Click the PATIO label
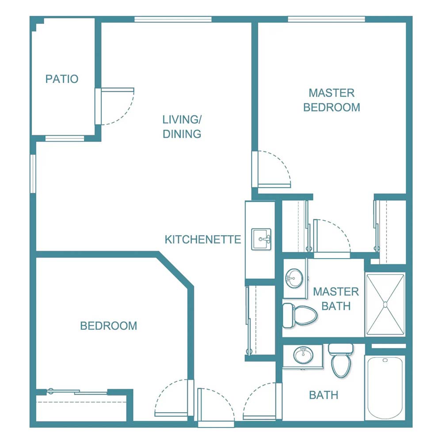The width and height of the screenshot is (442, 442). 62,79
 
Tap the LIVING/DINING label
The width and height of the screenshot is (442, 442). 182,126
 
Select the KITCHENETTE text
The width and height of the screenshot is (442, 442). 203,240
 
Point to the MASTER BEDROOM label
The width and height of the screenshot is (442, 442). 331,100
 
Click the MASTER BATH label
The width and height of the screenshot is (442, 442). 336,298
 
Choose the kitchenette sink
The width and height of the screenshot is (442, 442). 261,239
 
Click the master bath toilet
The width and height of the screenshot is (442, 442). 301,315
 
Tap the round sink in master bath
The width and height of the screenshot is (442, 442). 294,278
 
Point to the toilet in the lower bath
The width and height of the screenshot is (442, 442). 341,360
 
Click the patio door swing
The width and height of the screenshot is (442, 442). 116,106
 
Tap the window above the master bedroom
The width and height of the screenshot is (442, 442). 326,19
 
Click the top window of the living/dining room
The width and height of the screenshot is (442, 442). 173,19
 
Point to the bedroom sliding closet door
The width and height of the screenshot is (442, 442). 77,392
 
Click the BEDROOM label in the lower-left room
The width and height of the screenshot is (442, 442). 108,326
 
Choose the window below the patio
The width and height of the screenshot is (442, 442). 65,138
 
